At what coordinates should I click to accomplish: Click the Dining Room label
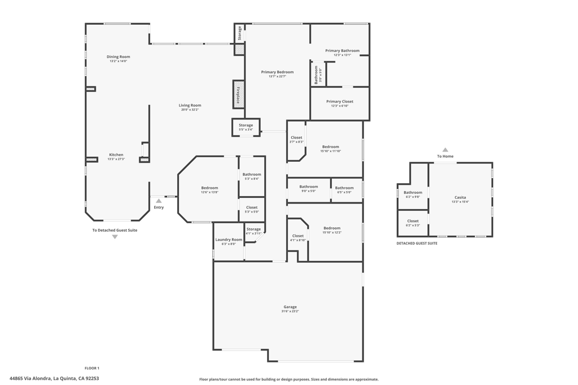pyautogui.click(x=119, y=56)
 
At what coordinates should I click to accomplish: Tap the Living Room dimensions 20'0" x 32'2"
pyautogui.click(x=190, y=110)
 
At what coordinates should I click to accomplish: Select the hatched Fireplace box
pyautogui.click(x=239, y=94)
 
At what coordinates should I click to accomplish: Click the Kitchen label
pyautogui.click(x=116, y=154)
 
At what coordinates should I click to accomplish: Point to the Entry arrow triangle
pyautogui.click(x=159, y=201)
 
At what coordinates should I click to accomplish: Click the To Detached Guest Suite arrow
pyautogui.click(x=115, y=237)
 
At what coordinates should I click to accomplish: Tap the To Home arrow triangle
pyautogui.click(x=445, y=150)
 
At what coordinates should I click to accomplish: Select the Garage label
pyautogui.click(x=290, y=307)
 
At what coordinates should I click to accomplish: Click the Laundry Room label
pyautogui.click(x=229, y=240)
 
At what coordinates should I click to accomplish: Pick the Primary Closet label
pyautogui.click(x=340, y=101)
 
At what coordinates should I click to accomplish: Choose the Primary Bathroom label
pyautogui.click(x=342, y=51)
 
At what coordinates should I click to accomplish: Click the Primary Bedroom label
pyautogui.click(x=277, y=72)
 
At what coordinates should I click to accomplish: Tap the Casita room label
pyautogui.click(x=461, y=197)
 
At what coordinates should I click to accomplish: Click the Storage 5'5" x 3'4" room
pyautogui.click(x=246, y=127)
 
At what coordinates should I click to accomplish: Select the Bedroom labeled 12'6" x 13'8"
pyautogui.click(x=209, y=190)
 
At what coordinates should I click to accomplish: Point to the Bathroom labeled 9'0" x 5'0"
pyautogui.click(x=308, y=189)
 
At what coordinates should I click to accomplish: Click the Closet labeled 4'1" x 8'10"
pyautogui.click(x=298, y=238)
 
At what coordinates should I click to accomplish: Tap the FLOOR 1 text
pyautogui.click(x=92, y=368)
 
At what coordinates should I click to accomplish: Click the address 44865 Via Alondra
pyautogui.click(x=54, y=379)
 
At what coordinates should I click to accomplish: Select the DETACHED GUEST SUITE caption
pyautogui.click(x=417, y=244)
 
